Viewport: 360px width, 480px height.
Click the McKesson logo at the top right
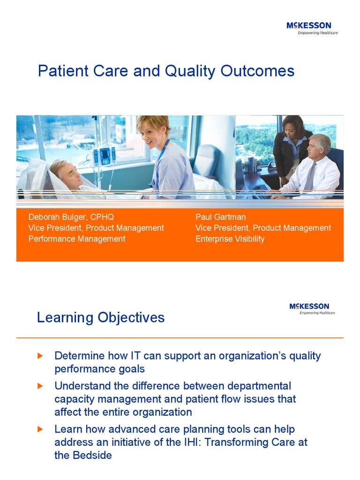312,28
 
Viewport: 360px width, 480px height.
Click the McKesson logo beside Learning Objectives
312,308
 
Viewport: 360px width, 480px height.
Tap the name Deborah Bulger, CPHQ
71,217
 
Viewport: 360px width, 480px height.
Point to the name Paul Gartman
220,217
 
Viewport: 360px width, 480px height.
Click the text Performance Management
77,239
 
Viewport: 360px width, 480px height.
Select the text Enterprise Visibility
230,239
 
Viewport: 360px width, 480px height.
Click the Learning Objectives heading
101,317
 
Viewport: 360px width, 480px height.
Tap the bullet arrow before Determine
40,356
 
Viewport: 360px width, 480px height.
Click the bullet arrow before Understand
40,386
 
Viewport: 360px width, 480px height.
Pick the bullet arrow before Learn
40,429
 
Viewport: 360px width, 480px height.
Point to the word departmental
259,386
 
